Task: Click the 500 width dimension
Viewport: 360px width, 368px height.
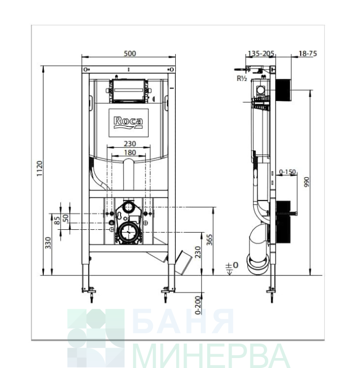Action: pos(130,54)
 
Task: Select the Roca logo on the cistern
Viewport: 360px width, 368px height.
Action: pos(128,122)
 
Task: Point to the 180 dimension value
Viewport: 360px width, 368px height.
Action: pos(130,153)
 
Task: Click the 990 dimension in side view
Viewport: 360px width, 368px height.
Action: pos(307,182)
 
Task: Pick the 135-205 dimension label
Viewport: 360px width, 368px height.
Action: pos(261,54)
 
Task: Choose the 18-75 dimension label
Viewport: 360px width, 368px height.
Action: pos(308,54)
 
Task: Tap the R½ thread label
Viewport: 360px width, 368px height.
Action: pos(241,79)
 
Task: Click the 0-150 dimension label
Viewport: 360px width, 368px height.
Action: pos(287,172)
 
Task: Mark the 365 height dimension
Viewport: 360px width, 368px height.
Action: pos(209,240)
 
